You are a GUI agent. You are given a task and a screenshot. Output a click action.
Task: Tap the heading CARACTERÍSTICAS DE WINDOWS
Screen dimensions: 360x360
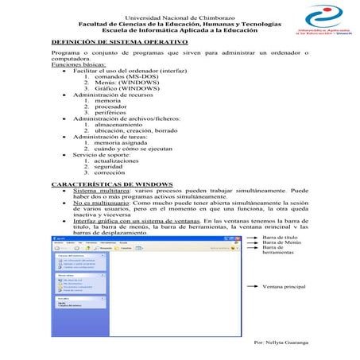tap(111, 185)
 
